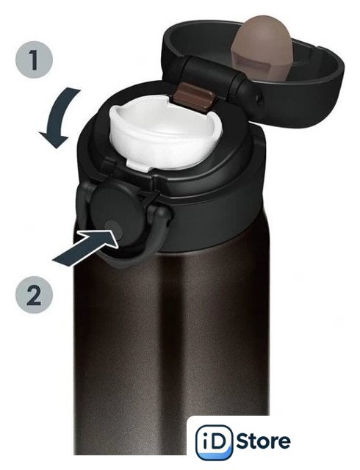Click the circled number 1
(x=34, y=59)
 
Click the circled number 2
(x=34, y=294)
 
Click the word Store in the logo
(x=264, y=441)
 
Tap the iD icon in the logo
(x=215, y=442)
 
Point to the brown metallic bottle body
(x=171, y=344)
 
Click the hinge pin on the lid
(x=259, y=97)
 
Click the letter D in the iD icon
(x=220, y=442)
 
